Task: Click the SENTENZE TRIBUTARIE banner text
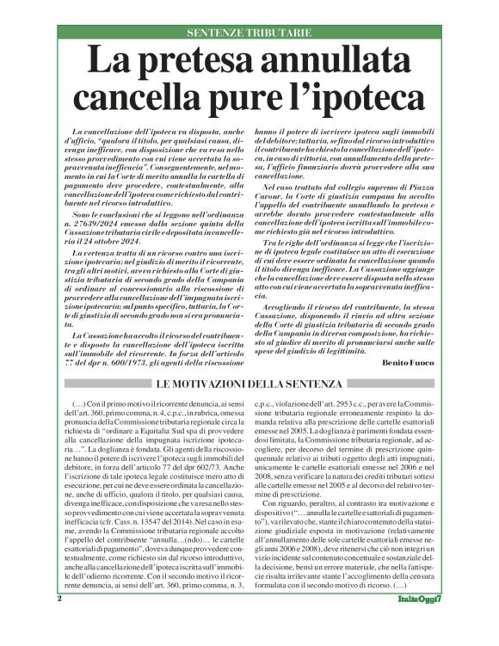click(x=249, y=33)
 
